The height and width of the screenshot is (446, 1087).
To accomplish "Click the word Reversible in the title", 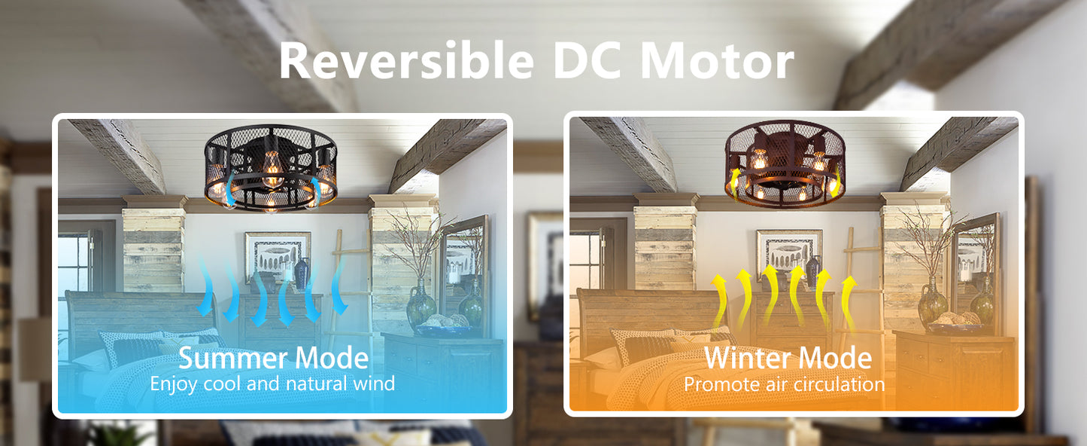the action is coord(407,61).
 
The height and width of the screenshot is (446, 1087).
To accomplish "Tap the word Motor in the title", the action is coord(717,61).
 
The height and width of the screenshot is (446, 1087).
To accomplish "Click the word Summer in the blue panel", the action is coord(232,359).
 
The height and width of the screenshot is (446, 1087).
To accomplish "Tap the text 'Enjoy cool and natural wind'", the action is coord(272,383).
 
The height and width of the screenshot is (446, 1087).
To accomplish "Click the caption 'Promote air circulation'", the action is coord(784,384).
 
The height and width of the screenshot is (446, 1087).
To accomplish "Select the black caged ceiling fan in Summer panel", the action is coord(271,167).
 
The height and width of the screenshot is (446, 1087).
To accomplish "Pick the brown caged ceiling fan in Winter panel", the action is coord(785,163).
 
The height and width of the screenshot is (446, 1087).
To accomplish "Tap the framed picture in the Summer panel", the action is coord(278,258).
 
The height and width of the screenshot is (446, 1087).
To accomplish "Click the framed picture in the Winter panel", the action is coord(789,255).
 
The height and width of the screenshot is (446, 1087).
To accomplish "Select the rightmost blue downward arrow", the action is coord(339,286).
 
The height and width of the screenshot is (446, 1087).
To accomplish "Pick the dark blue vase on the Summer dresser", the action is coord(302,273).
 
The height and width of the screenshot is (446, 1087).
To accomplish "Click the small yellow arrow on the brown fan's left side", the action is coord(733,184).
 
